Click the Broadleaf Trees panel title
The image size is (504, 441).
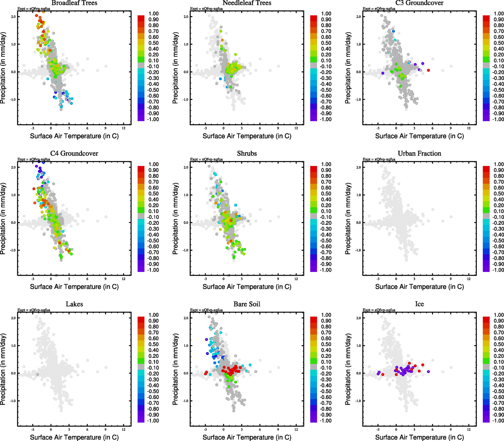[74, 3]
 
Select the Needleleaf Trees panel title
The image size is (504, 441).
[247, 3]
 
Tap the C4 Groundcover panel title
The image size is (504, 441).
[74, 154]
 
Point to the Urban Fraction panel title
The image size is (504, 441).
[419, 154]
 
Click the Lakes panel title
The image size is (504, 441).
[74, 304]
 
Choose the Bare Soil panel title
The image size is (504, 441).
[247, 304]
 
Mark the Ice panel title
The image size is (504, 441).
[419, 304]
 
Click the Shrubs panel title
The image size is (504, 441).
[247, 154]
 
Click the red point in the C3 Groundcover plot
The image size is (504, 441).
[428, 70]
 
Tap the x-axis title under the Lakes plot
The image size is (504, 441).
[74, 437]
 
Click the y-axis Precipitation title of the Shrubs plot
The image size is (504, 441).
[175, 219]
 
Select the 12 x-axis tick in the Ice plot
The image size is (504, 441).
[469, 429]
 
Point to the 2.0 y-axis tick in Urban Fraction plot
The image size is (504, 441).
[359, 168]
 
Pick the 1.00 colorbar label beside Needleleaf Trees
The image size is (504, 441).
[326, 14]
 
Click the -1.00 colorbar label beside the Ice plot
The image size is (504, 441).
[498, 421]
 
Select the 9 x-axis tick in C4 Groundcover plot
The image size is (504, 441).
[105, 279]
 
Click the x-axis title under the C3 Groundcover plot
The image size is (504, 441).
[419, 136]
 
